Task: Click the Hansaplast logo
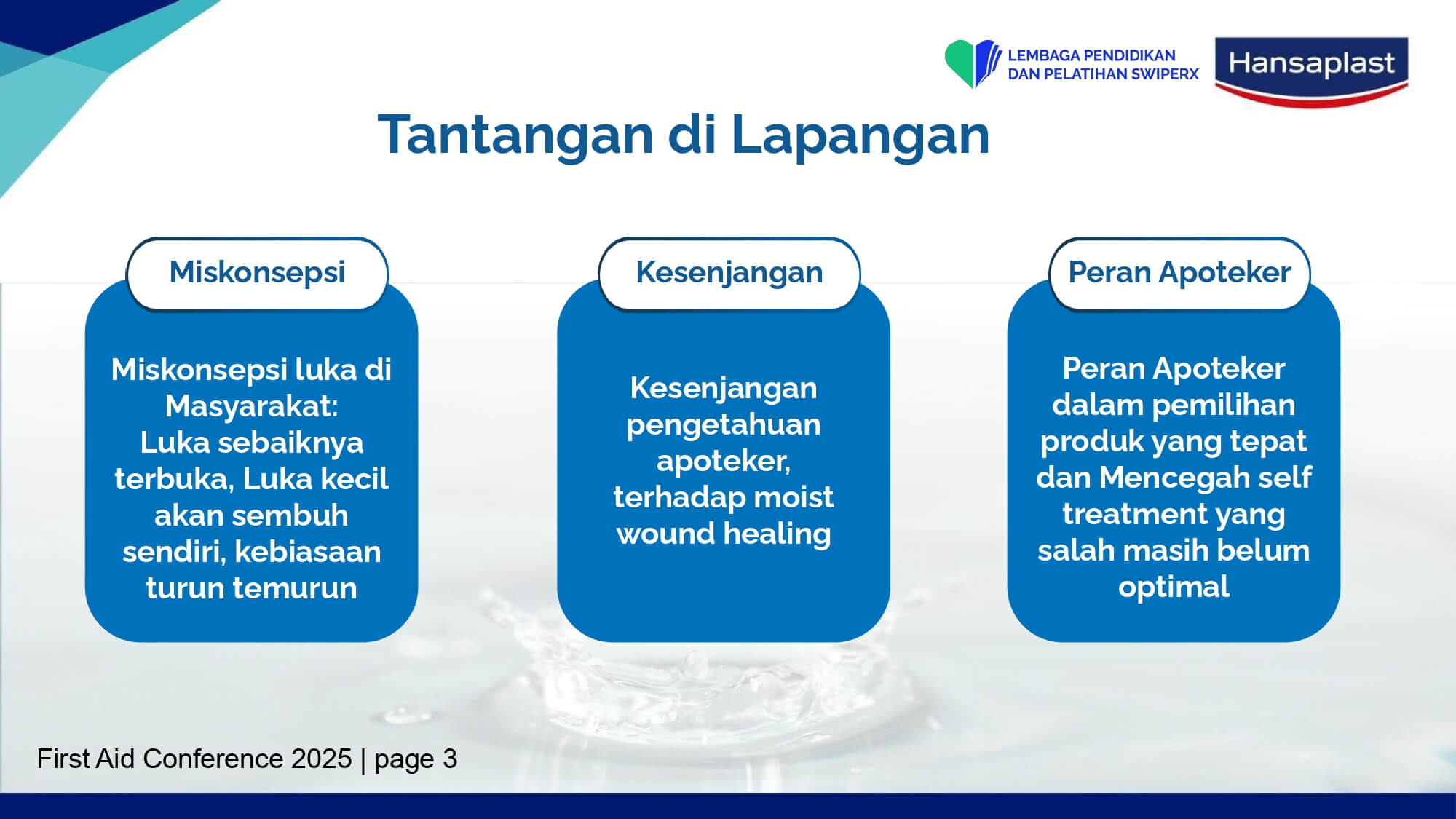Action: pyautogui.click(x=1311, y=71)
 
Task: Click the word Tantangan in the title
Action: pyautogui.click(x=516, y=135)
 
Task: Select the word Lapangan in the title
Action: pyautogui.click(x=860, y=135)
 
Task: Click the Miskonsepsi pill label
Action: pyautogui.click(x=257, y=273)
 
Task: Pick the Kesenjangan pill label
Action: pyautogui.click(x=729, y=273)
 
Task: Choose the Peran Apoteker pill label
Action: pyautogui.click(x=1179, y=273)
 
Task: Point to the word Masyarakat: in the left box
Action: pyautogui.click(x=252, y=406)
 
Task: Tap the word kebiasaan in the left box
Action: pyautogui.click(x=308, y=552)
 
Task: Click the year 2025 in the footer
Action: pyautogui.click(x=321, y=759)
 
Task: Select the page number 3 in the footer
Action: pyautogui.click(x=450, y=759)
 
